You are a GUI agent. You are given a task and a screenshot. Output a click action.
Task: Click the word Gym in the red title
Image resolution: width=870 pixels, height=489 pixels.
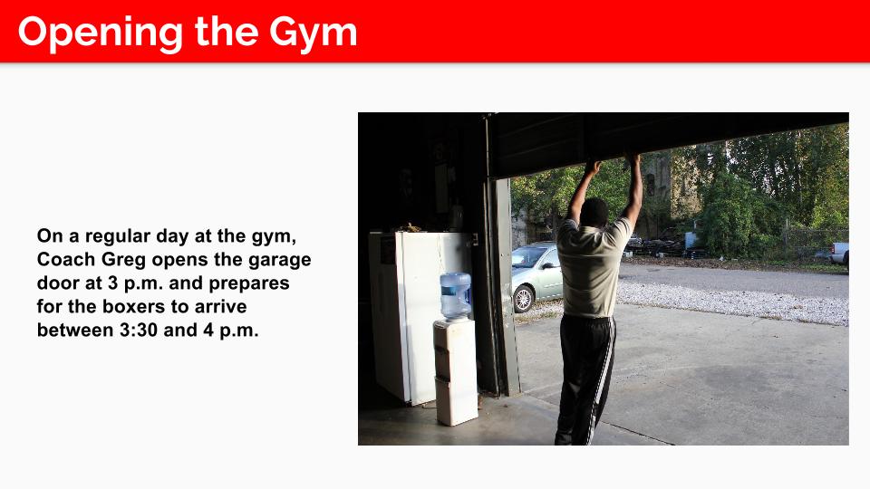(x=313, y=34)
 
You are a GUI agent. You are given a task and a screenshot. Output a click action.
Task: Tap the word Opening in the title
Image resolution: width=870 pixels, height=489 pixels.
(x=101, y=34)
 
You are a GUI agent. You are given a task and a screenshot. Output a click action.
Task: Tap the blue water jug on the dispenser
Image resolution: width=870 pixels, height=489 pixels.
(x=456, y=295)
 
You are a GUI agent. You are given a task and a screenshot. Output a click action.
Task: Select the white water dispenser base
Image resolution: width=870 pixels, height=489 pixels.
(x=456, y=371)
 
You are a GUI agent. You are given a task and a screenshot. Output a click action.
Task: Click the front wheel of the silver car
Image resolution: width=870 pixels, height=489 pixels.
(x=523, y=299)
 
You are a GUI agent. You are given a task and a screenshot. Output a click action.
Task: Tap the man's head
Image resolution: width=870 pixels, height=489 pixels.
(x=594, y=212)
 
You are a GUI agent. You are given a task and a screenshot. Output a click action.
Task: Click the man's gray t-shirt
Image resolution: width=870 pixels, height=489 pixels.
(x=592, y=267)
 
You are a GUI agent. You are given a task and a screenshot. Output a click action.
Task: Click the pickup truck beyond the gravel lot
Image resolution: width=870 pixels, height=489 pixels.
(x=839, y=254)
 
